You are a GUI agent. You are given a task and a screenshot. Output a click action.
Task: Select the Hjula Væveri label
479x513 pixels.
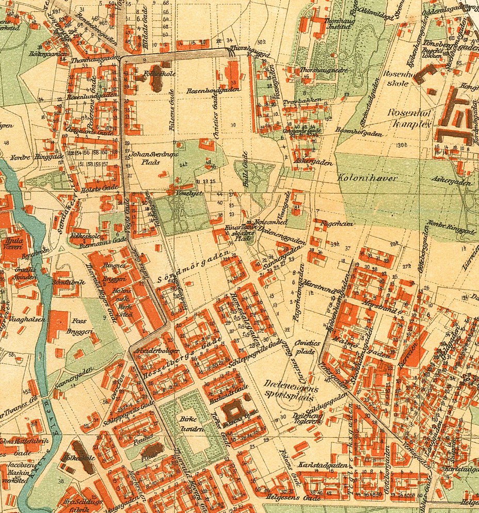(x=13, y=243)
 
